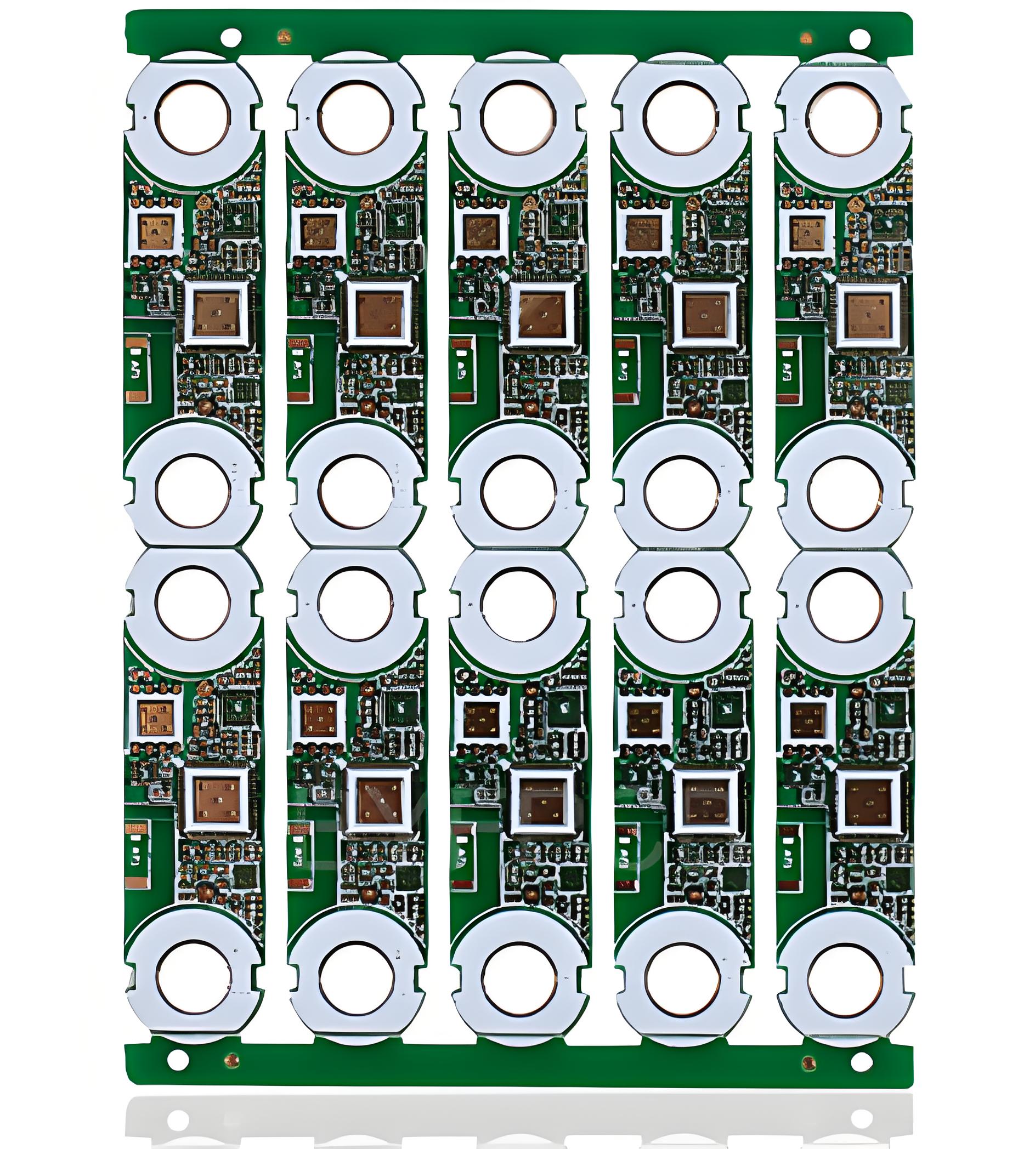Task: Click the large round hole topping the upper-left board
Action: click(x=194, y=117)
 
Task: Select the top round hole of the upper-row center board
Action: click(x=518, y=117)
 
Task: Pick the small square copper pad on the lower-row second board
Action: click(x=319, y=720)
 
